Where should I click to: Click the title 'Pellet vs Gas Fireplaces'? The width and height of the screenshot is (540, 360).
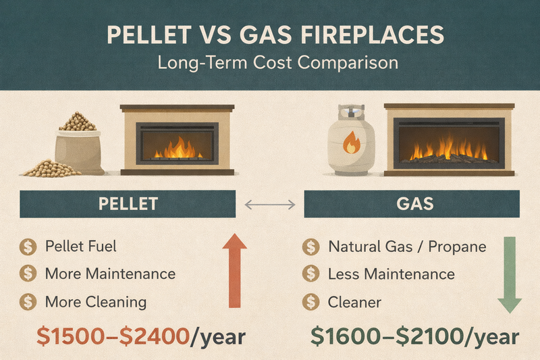point(270,35)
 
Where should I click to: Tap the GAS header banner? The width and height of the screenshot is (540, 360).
point(412,203)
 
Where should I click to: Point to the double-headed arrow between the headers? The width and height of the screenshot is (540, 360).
point(270,203)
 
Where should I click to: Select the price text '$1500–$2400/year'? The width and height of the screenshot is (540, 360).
point(132,336)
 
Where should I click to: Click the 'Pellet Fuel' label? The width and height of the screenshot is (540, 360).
point(80,246)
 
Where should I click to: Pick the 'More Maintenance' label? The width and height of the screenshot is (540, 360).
point(110,274)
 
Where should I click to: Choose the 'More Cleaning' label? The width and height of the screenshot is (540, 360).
point(95,301)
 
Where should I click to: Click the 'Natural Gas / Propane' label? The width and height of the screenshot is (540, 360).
point(407,246)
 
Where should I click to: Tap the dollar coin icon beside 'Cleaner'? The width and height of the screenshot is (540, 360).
point(310,301)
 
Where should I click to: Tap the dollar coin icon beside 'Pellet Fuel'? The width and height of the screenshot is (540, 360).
point(28,246)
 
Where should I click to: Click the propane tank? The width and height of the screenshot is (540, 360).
point(351,142)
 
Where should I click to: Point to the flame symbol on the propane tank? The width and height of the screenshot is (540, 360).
point(352,145)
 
